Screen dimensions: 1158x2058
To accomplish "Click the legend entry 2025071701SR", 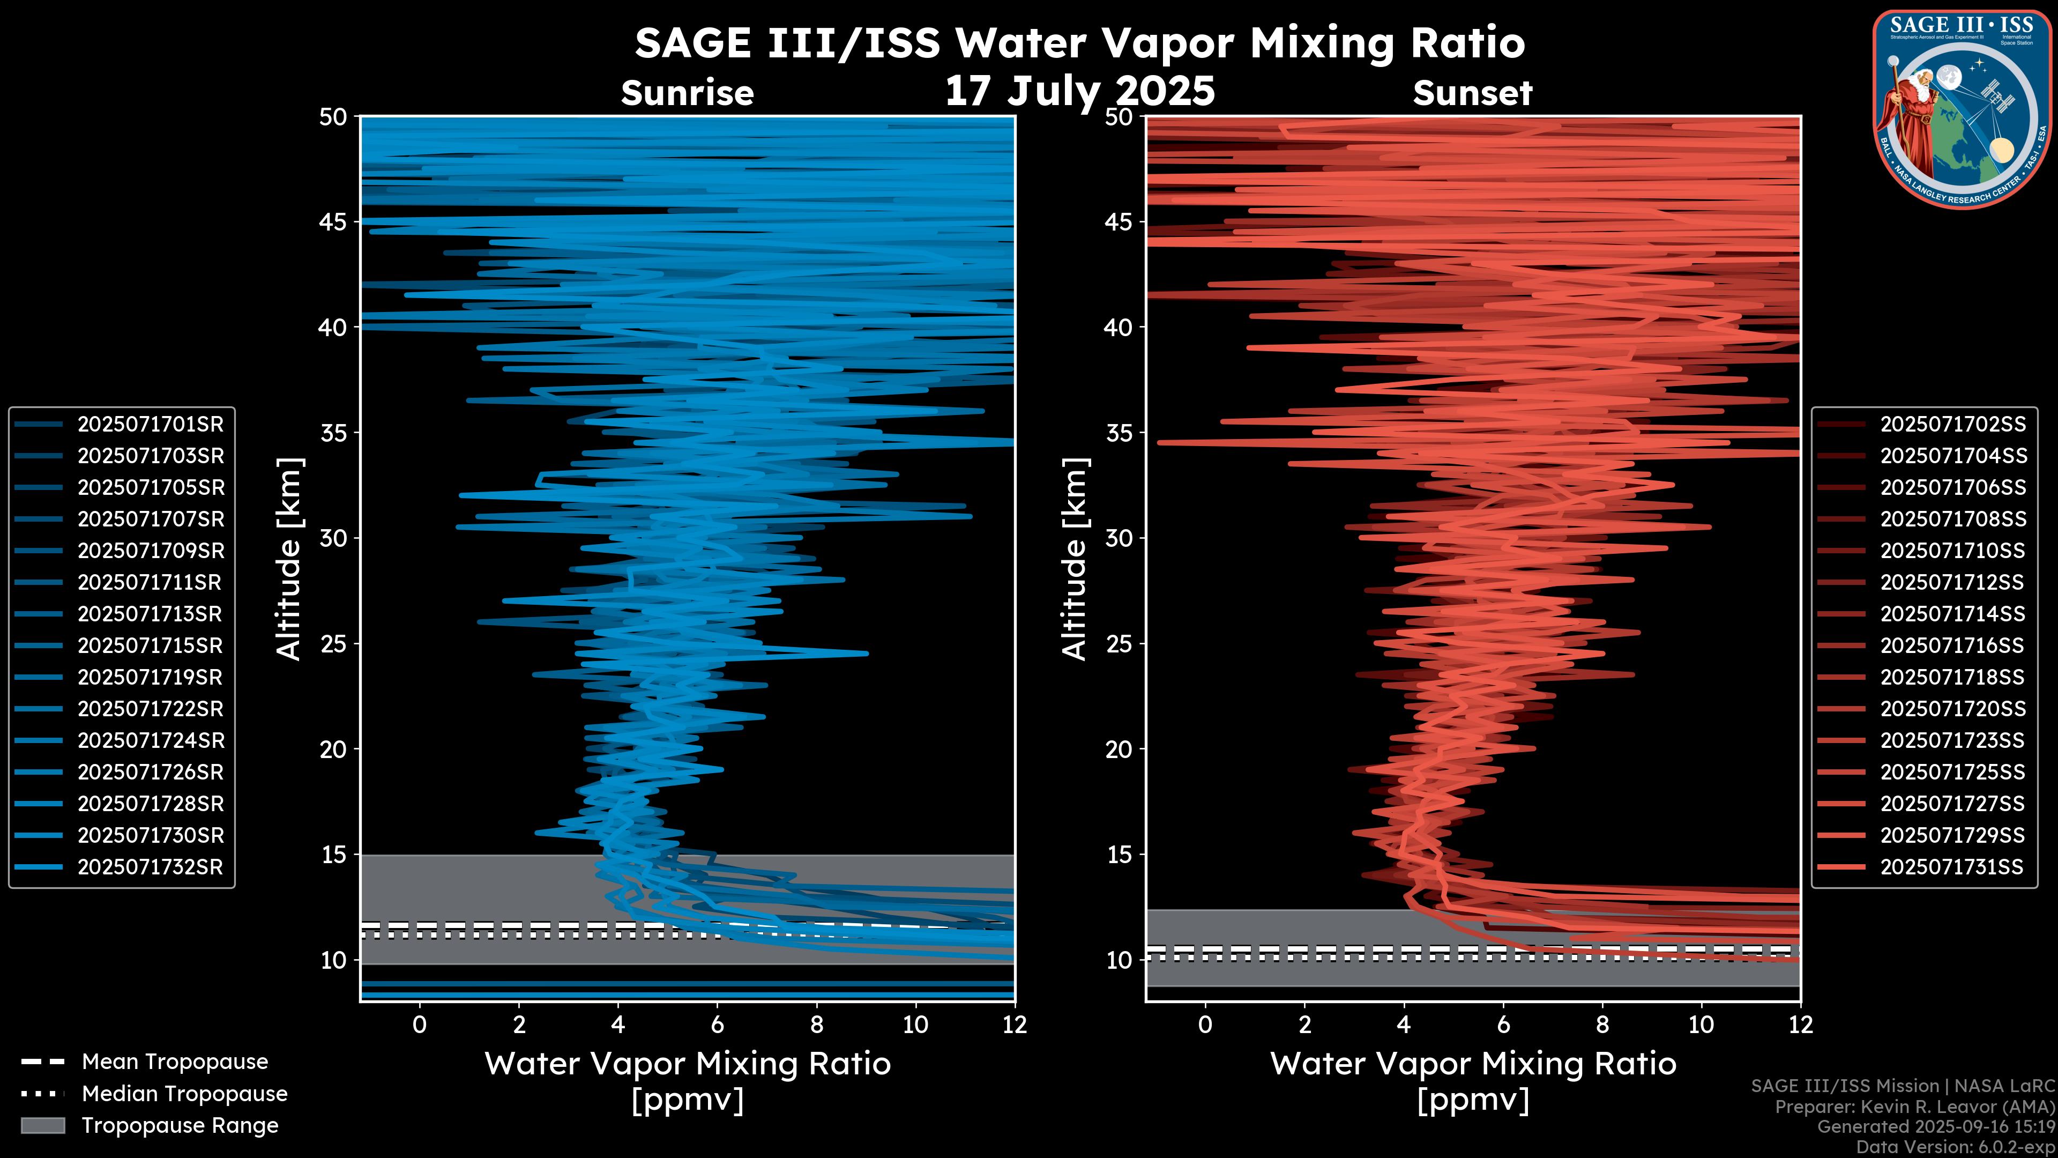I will coord(150,425).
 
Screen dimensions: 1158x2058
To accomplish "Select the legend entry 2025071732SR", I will coord(150,867).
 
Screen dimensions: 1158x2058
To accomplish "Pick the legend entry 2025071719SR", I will coord(150,678).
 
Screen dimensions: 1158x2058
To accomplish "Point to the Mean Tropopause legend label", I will coord(174,1062).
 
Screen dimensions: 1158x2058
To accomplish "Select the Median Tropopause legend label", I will coord(184,1094).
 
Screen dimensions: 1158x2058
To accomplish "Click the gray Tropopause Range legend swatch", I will coord(42,1125).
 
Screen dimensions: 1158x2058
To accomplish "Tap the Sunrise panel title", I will coord(687,93).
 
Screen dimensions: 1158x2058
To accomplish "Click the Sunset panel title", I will coord(1472,93).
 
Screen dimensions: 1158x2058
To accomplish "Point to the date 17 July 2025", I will coord(1079,91).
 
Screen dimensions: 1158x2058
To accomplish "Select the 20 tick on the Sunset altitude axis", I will coord(1119,749).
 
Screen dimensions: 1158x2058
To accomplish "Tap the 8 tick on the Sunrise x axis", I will coord(816,1025).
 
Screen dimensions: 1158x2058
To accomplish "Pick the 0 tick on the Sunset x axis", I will coord(1205,1025).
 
